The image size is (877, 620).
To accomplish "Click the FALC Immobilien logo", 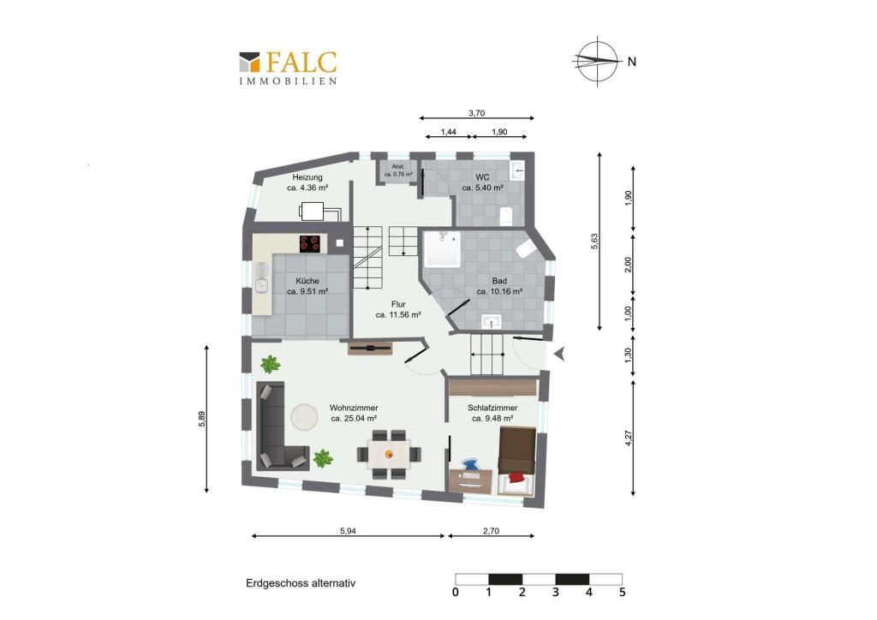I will click(x=288, y=67).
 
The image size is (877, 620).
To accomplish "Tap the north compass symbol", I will click(x=598, y=61).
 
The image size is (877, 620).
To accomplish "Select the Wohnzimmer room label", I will click(x=354, y=414).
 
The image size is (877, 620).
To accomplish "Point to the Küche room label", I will click(x=307, y=286).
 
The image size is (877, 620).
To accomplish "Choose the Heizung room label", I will click(x=307, y=182).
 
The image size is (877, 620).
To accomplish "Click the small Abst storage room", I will click(x=398, y=170).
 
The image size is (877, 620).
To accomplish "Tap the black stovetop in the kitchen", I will click(x=312, y=243).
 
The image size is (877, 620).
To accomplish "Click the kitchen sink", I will click(x=260, y=284).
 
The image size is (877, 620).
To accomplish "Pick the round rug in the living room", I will click(x=304, y=417).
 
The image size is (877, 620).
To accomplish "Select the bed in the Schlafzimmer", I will click(x=517, y=458).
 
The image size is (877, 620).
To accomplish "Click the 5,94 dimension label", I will click(x=348, y=531).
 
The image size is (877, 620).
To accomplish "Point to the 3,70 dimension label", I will click(x=477, y=112).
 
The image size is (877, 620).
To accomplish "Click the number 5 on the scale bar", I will click(x=623, y=592).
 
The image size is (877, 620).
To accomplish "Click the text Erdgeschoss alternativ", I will click(x=300, y=583).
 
